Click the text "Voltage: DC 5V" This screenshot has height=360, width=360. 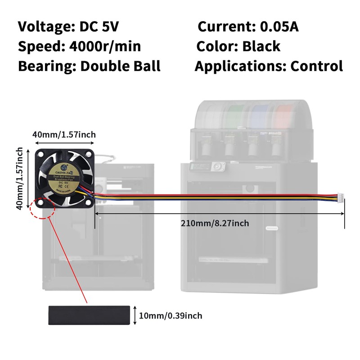[x=68, y=27]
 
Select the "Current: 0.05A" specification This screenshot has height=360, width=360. [x=248, y=27]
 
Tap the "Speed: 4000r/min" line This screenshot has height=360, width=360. [x=79, y=46]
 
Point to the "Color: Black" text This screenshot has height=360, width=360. [x=238, y=46]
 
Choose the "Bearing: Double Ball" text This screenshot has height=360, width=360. [x=89, y=66]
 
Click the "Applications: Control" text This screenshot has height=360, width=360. [x=269, y=66]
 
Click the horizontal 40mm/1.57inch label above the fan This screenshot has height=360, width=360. [x=64, y=134]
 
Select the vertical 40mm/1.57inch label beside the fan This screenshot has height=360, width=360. [x=19, y=177]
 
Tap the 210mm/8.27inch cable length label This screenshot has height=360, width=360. [x=215, y=223]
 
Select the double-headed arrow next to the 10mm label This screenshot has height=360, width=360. [x=135, y=315]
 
